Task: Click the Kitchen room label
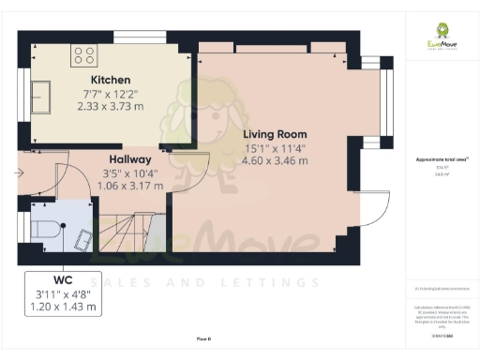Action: [x=111, y=80]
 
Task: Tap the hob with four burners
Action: [x=82, y=53]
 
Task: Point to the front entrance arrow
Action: [x=21, y=173]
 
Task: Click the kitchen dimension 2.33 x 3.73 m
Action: [x=111, y=106]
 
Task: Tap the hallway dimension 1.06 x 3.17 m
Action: [x=130, y=186]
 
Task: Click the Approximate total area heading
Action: [x=442, y=159]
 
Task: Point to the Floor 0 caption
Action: [x=202, y=337]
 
